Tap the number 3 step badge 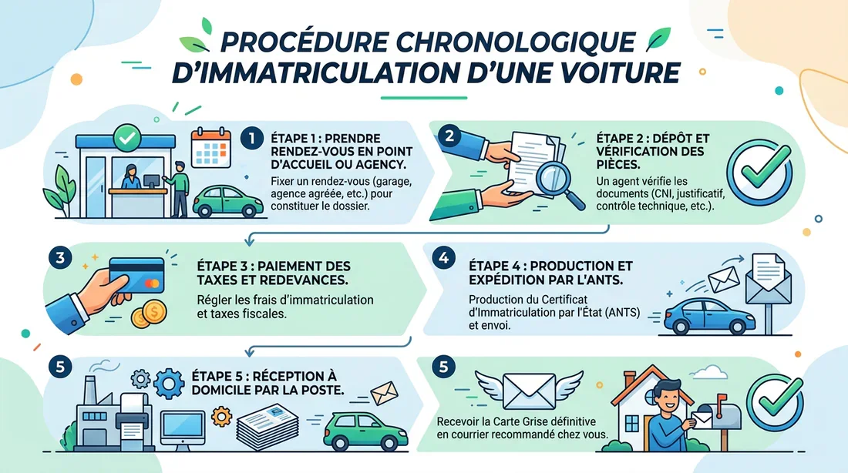(x=59, y=257)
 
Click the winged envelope (x=528, y=391)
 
